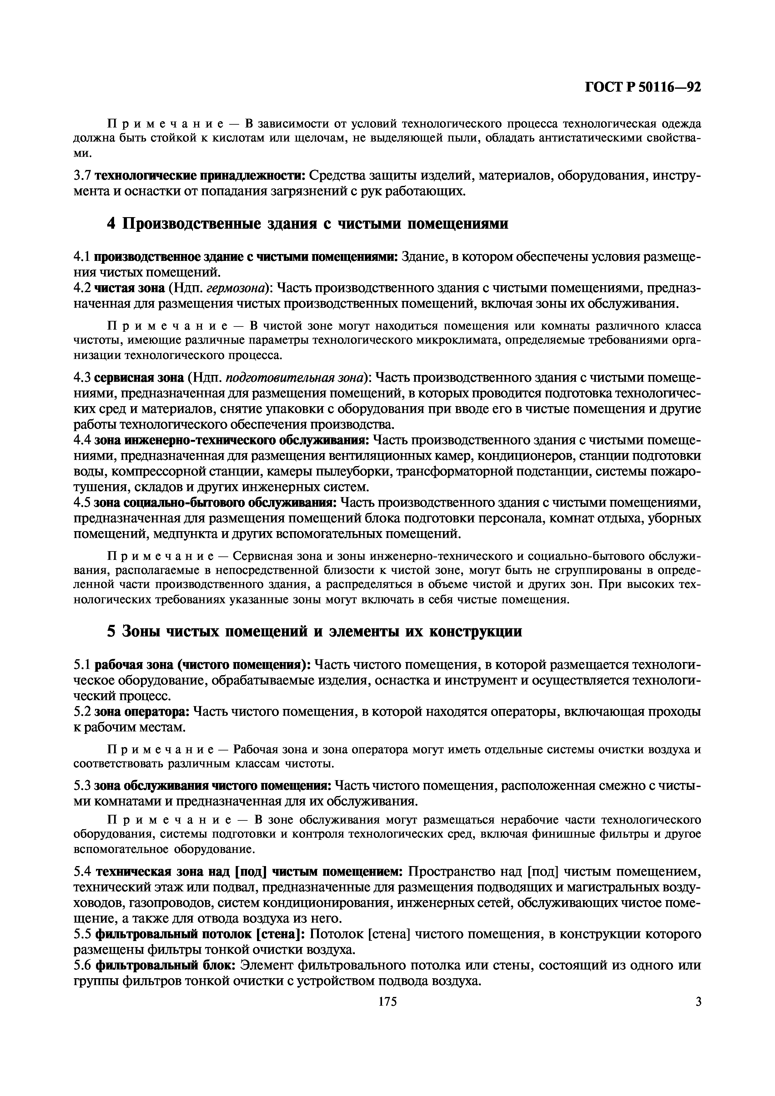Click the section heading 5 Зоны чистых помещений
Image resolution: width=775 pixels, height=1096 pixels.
click(x=314, y=631)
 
